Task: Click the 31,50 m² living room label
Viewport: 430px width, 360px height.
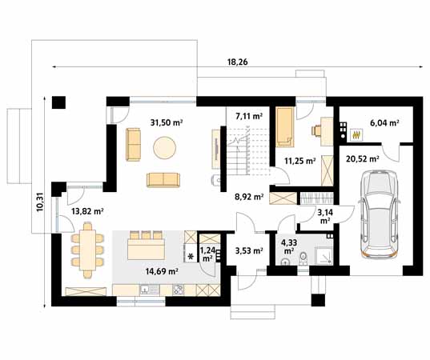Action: (167, 122)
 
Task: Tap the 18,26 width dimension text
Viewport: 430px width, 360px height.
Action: (237, 62)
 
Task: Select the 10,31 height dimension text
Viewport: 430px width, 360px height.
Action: (40, 202)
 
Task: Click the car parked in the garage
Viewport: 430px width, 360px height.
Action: (380, 214)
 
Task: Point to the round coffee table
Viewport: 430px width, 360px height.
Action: (164, 147)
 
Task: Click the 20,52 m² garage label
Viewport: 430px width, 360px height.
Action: (363, 158)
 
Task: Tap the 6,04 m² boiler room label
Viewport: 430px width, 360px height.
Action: (384, 123)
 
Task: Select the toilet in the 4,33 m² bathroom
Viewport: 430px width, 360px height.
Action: (303, 258)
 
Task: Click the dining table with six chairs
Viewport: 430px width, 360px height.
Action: (87, 250)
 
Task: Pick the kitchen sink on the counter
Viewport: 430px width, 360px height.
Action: (150, 290)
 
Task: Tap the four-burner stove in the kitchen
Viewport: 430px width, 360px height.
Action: (179, 290)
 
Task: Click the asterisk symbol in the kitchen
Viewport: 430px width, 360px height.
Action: (191, 257)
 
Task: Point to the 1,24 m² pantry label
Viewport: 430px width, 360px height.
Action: (207, 254)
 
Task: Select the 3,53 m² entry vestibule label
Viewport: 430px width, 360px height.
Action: (249, 250)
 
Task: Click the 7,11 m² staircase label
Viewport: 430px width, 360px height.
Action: (249, 116)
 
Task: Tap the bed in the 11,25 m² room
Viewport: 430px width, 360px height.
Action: (284, 127)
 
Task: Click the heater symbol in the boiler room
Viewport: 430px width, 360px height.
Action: (356, 134)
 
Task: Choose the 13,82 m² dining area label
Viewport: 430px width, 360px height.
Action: (87, 211)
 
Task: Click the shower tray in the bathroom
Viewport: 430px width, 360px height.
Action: (324, 256)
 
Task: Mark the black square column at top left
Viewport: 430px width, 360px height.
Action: (58, 102)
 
